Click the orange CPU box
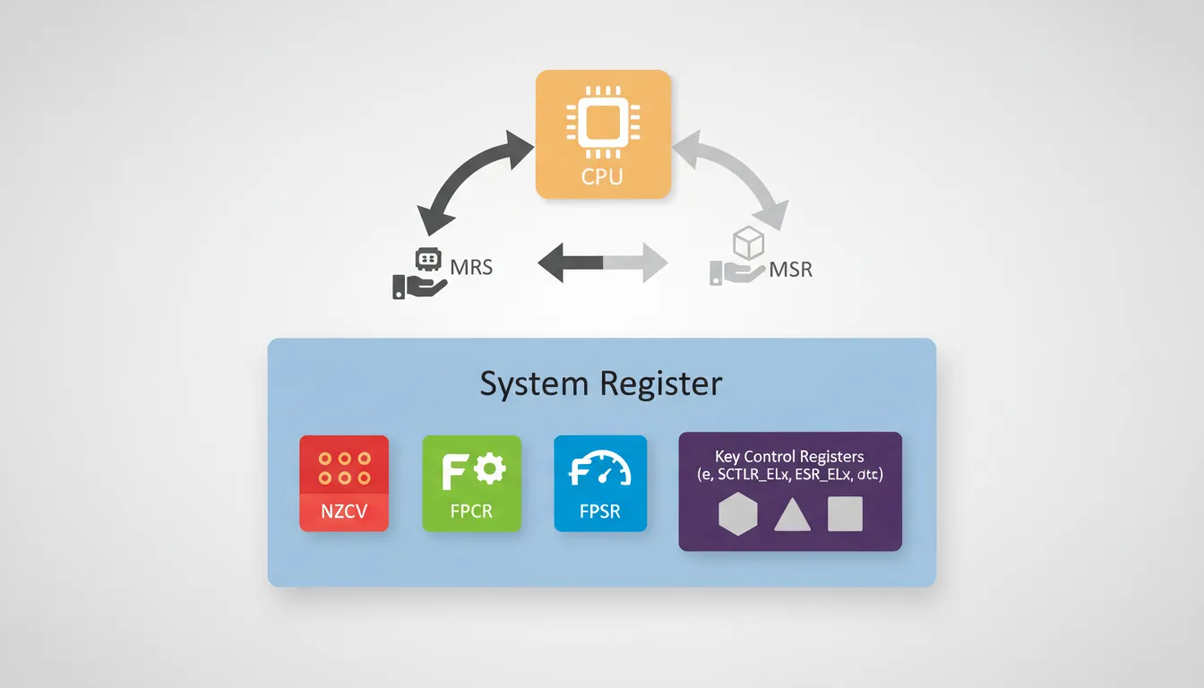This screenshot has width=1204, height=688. pos(602,134)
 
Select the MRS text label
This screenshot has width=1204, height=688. pos(471,267)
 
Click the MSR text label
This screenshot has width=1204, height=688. pos(790,269)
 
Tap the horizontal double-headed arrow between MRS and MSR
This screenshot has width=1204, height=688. pos(602,263)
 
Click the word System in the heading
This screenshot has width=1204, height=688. pos(535,383)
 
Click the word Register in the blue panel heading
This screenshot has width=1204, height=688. pos(661,383)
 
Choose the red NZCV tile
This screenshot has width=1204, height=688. pos(344,483)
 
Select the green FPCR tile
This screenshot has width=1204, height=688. pos(471,483)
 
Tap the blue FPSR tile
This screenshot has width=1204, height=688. pos(600,483)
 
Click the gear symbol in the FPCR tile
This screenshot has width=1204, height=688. pos(488,468)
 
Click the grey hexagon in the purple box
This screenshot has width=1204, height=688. pos(738,514)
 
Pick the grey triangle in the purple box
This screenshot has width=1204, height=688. pos(792,515)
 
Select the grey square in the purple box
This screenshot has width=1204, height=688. pos(845,514)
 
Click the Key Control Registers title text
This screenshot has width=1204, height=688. pos(790,457)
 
